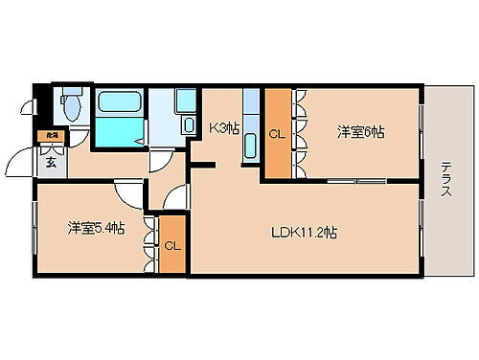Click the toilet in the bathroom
pyautogui.click(x=70, y=103)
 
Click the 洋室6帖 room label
pyautogui.click(x=361, y=132)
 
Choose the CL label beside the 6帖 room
pyautogui.click(x=277, y=134)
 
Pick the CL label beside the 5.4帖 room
pyautogui.click(x=172, y=245)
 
